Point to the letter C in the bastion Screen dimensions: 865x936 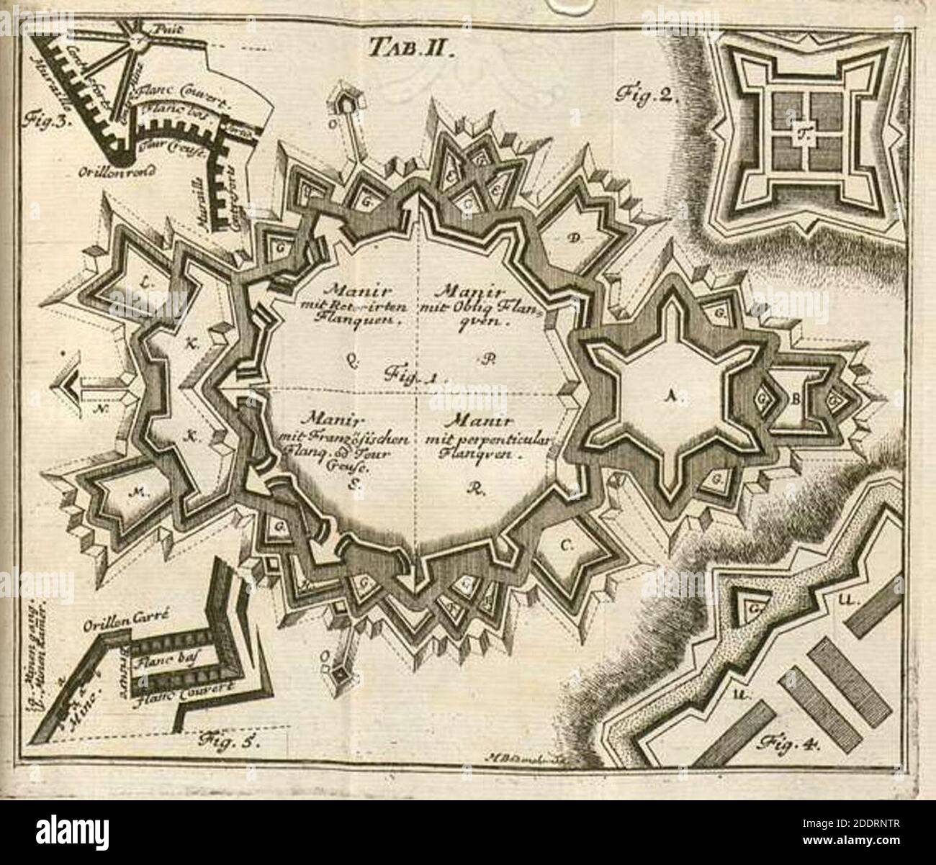pos(566,546)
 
